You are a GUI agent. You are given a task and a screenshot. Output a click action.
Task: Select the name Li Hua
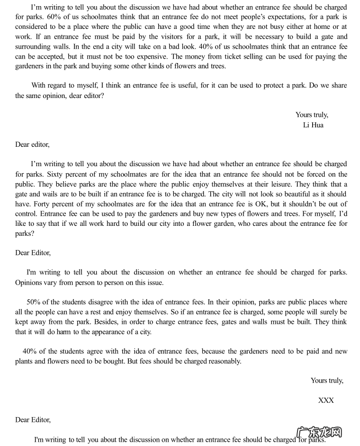(x=313, y=125)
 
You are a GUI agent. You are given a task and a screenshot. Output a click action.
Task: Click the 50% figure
(x=34, y=302)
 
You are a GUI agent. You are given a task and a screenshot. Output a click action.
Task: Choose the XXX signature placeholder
(x=326, y=400)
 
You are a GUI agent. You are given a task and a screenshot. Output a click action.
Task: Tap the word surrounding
(x=33, y=46)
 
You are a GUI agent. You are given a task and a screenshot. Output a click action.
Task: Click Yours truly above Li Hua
(x=312, y=115)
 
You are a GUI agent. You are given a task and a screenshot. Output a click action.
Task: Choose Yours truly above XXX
(x=327, y=380)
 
